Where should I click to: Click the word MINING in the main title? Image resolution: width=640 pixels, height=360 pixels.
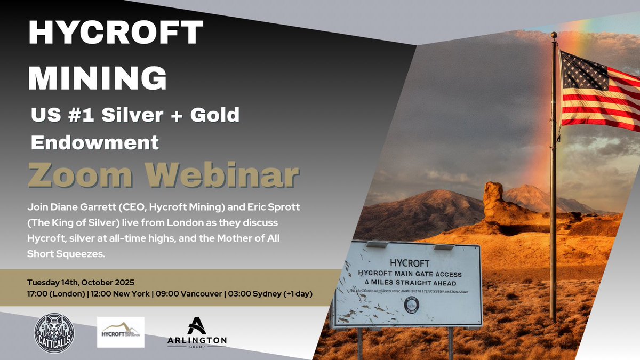(x=97, y=78)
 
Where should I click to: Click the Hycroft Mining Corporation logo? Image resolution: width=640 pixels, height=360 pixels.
(x=121, y=332)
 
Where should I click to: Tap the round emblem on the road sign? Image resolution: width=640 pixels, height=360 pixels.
(x=412, y=305)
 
